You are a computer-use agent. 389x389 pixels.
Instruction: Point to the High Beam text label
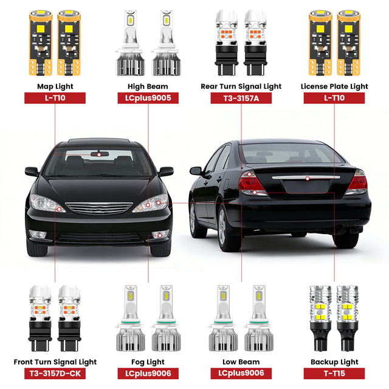pyautogui.click(x=148, y=86)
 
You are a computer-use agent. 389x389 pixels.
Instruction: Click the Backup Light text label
pyautogui.click(x=334, y=362)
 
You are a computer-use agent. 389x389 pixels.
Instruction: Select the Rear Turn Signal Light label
pyautogui.click(x=241, y=86)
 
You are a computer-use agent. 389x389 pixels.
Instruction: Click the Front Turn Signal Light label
pyautogui.click(x=55, y=362)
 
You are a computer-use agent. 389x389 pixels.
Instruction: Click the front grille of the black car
pyautogui.click(x=98, y=208)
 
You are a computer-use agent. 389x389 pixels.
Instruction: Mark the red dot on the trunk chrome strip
pyautogui.click(x=308, y=177)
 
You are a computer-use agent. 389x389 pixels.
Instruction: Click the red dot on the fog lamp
pyautogui.click(x=160, y=234)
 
